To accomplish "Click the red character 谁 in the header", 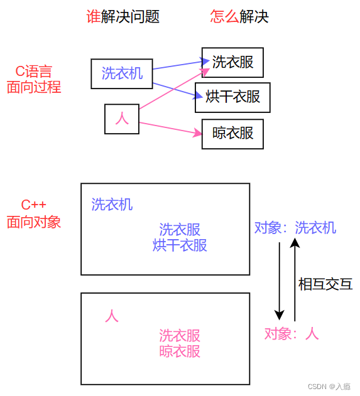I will click(x=93, y=17).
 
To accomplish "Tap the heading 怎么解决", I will click(x=239, y=17).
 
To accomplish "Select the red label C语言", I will click(x=34, y=71).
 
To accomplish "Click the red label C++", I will click(x=34, y=205).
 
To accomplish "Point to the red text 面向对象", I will click(x=34, y=222).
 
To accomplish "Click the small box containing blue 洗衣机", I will click(x=122, y=74).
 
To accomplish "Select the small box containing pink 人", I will click(x=121, y=119).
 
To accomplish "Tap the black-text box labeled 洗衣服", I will click(x=232, y=63).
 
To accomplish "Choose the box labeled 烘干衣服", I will click(x=232, y=97).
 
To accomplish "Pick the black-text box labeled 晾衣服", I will click(x=232, y=134).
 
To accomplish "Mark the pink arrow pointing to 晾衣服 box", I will click(x=170, y=128).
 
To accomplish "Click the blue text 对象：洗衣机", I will click(x=295, y=228).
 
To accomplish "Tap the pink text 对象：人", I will click(x=291, y=334).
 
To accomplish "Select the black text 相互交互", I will click(x=325, y=284).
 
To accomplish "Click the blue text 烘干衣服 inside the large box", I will click(x=180, y=245).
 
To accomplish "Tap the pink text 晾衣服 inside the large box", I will click(x=180, y=351).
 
